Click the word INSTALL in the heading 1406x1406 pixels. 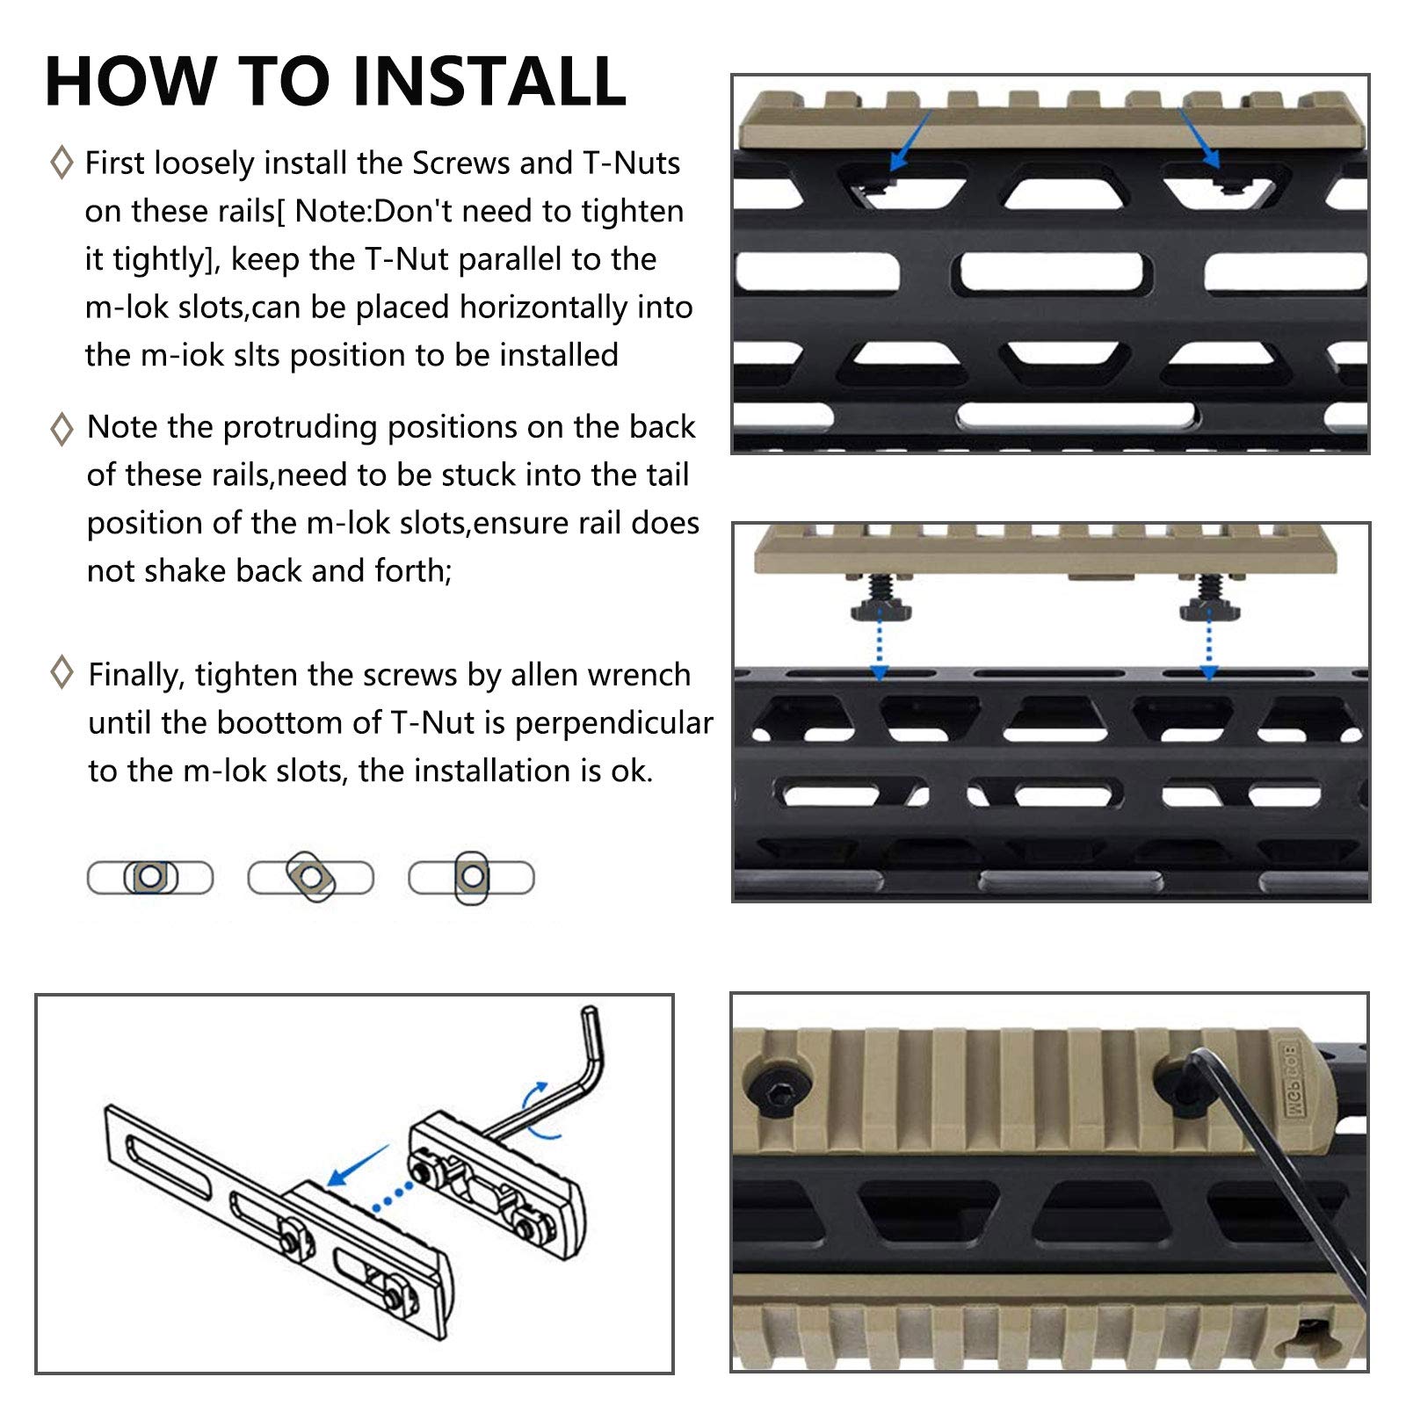point(489,81)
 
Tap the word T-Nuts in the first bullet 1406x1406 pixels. point(632,163)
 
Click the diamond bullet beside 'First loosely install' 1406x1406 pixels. point(62,163)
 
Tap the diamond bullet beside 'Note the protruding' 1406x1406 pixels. point(62,428)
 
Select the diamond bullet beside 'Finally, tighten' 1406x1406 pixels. point(62,672)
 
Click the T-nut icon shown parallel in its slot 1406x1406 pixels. point(150,877)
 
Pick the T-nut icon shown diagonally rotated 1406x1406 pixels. point(311,877)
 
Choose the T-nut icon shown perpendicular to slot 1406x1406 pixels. point(472,877)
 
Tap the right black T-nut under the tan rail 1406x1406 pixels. point(1209,604)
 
